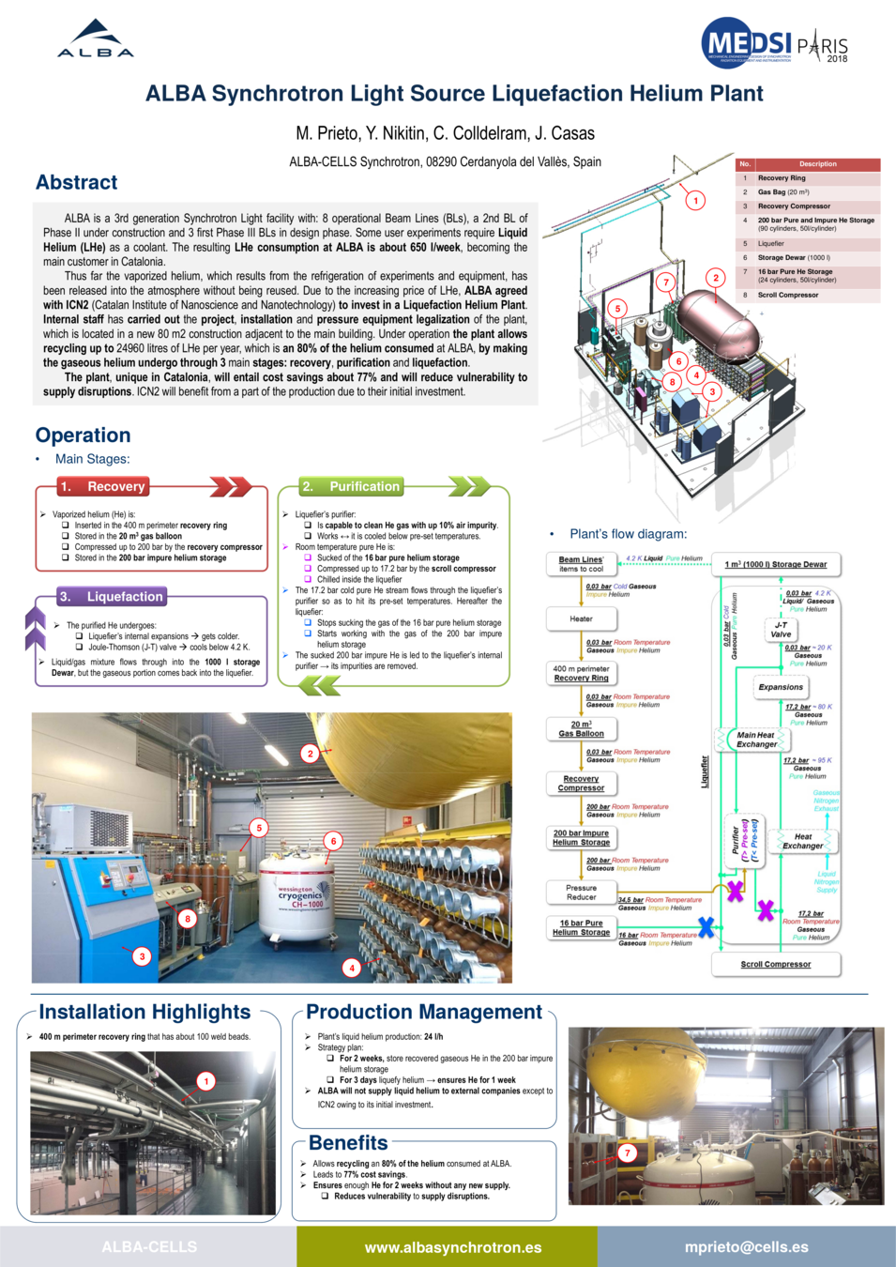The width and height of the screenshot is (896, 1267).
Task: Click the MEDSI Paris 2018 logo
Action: click(774, 43)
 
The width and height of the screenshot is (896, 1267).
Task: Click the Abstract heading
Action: click(77, 182)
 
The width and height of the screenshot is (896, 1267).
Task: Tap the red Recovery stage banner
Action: click(104, 486)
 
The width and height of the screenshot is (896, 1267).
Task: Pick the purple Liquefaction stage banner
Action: click(112, 596)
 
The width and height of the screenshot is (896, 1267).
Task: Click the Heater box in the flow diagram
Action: click(581, 618)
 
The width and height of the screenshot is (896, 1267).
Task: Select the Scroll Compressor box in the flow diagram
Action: click(775, 964)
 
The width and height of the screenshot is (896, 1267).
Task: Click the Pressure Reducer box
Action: click(581, 893)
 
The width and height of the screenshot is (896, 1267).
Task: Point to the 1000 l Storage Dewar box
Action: click(775, 564)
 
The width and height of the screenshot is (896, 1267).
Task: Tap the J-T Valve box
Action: click(781, 630)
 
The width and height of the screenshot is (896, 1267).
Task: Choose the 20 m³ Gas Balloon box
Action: click(581, 729)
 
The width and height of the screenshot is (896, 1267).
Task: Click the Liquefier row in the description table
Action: click(808, 243)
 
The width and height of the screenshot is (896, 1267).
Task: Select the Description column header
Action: click(817, 164)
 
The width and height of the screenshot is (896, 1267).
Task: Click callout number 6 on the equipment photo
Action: click(333, 841)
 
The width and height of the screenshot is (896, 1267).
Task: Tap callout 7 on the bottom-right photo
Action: click(628, 1153)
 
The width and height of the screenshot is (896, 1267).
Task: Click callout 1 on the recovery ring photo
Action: click(206, 1081)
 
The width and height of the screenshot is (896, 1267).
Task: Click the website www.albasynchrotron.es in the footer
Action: click(452, 1247)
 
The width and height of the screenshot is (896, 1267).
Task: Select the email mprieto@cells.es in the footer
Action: click(746, 1247)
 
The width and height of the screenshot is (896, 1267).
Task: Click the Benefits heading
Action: click(348, 1143)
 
